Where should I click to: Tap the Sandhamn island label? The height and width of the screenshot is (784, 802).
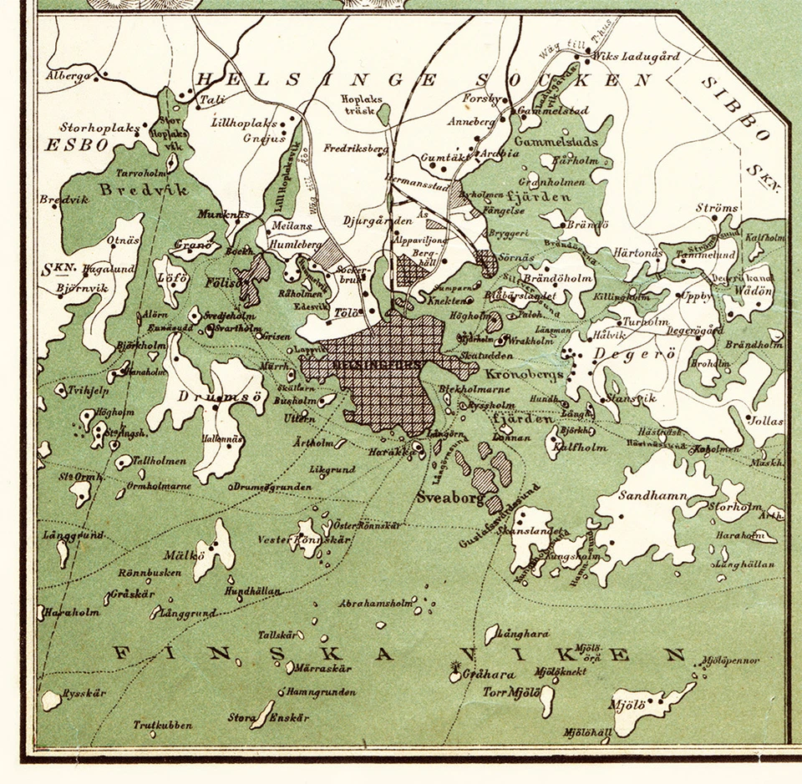(x=652, y=495)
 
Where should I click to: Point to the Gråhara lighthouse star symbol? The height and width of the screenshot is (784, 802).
(x=456, y=665)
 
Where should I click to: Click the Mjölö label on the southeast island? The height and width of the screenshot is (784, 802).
(x=627, y=704)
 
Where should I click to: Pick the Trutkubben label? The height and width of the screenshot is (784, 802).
(x=163, y=725)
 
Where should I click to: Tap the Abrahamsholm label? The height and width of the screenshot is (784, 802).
(x=375, y=603)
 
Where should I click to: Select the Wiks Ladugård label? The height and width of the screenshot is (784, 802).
(x=637, y=57)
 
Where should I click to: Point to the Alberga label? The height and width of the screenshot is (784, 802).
(x=68, y=75)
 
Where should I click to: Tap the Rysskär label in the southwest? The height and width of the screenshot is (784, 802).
(x=83, y=692)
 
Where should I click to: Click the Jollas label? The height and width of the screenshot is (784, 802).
(x=767, y=421)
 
